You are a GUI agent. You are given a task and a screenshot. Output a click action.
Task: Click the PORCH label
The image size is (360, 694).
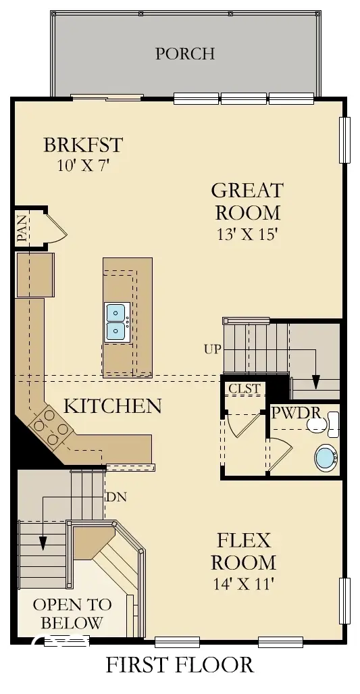pos(185,53)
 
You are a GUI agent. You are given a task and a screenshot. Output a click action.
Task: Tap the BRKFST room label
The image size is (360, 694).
pos(83,145)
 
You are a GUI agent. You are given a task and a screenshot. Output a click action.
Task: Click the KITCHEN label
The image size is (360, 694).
pos(113,405)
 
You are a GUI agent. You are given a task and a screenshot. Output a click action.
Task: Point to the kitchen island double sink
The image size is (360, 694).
pos(117,322)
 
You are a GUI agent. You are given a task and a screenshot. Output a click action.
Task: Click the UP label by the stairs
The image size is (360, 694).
pos(211,349)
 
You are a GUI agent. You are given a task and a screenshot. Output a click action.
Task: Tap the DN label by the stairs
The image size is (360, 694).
pos(115,497)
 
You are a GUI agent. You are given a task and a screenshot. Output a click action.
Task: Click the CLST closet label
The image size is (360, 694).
pos(244,389)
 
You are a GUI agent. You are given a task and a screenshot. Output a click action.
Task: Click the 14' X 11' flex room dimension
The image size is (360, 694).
pos(243,584)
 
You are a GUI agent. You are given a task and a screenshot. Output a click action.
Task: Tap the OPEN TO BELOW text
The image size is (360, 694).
pos(68,613)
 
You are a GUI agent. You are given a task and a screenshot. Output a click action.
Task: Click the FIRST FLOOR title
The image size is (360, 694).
pos(180,665)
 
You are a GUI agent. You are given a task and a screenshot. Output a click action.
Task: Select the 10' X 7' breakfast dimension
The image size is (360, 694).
pos(83,166)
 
